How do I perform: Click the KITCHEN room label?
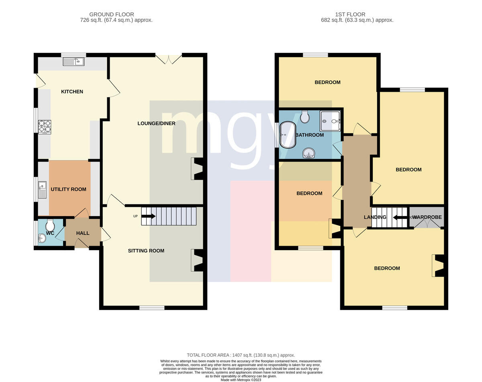pyautogui.click(x=72, y=92)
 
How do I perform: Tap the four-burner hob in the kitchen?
pyautogui.click(x=45, y=127)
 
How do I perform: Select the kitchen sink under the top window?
pyautogui.click(x=74, y=61)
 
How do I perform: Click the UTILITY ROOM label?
pyautogui.click(x=69, y=189)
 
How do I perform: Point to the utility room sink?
pyautogui.click(x=42, y=190)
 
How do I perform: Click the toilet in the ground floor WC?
pyautogui.click(x=50, y=226)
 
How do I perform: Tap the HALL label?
pyautogui.click(x=83, y=233)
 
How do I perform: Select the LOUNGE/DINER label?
pyautogui.click(x=156, y=123)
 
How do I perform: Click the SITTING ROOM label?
pyautogui.click(x=146, y=251)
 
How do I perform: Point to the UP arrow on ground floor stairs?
pyautogui.click(x=148, y=216)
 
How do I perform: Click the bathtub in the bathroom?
pyautogui.click(x=288, y=135)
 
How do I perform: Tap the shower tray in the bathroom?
pyautogui.click(x=330, y=121)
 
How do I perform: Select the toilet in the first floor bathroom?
pyautogui.click(x=305, y=117)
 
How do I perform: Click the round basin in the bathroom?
pyautogui.click(x=309, y=154)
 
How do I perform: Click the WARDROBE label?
pyautogui.click(x=427, y=217)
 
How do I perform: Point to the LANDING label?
pyautogui.click(x=375, y=217)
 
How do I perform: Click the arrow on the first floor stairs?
pyautogui.click(x=400, y=217)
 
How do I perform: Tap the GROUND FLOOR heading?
pyautogui.click(x=112, y=14)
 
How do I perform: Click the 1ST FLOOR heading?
pyautogui.click(x=350, y=14)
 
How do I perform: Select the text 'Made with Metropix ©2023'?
pyautogui.click(x=241, y=380)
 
